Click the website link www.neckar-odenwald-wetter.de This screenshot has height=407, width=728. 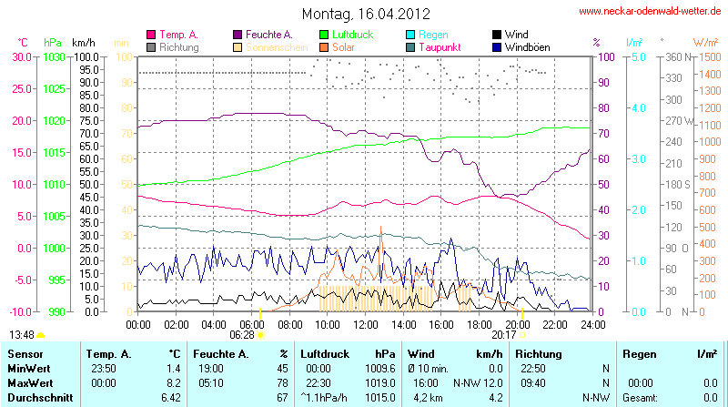[651, 12]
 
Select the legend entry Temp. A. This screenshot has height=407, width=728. [177, 35]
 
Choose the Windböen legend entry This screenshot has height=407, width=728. [528, 47]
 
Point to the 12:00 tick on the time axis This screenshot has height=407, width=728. [366, 324]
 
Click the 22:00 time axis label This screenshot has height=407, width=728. [555, 324]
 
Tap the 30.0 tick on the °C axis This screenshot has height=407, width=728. [22, 56]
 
